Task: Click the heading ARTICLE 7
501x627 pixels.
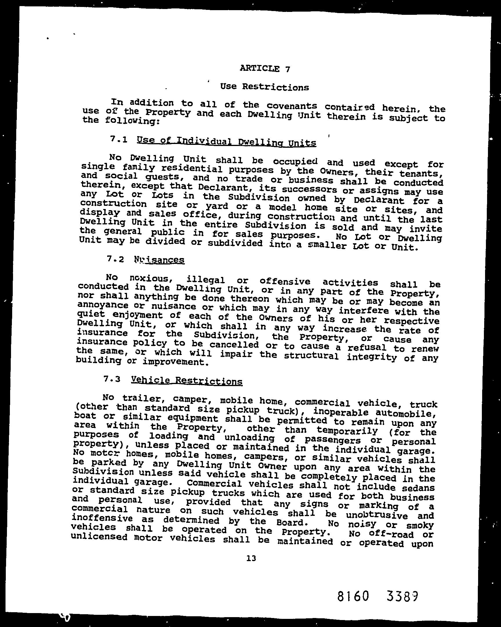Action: (265, 69)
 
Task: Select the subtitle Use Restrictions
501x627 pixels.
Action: (264, 87)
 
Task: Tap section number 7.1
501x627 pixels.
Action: (119, 139)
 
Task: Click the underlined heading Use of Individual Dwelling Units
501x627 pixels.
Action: (226, 142)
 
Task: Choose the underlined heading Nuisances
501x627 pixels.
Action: (159, 260)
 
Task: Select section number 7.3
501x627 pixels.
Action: (112, 379)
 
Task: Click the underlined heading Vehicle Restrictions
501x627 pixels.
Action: (186, 381)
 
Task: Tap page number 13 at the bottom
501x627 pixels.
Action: (251, 558)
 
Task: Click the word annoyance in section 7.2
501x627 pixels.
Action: (103, 305)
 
